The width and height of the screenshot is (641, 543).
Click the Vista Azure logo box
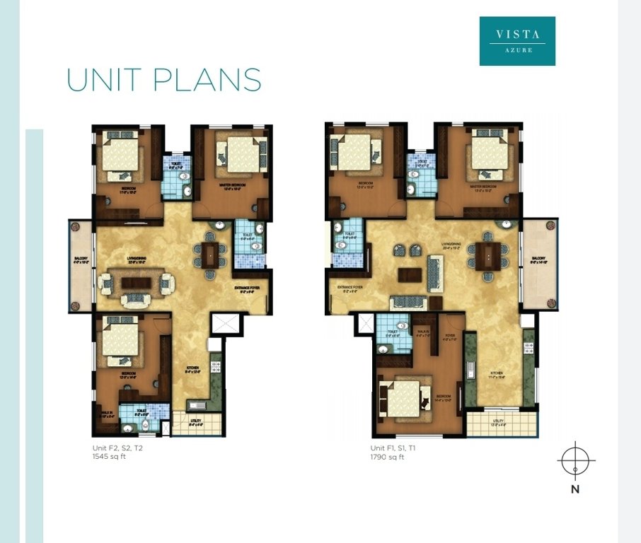point(517,41)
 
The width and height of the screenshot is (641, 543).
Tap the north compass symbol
point(576,460)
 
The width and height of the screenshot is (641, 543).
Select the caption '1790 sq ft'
point(388,457)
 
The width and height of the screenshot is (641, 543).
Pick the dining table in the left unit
point(210,254)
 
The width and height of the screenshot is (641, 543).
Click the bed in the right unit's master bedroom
point(488,153)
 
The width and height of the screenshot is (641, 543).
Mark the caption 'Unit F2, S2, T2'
point(117,448)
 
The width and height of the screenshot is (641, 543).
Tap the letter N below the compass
point(575,489)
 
